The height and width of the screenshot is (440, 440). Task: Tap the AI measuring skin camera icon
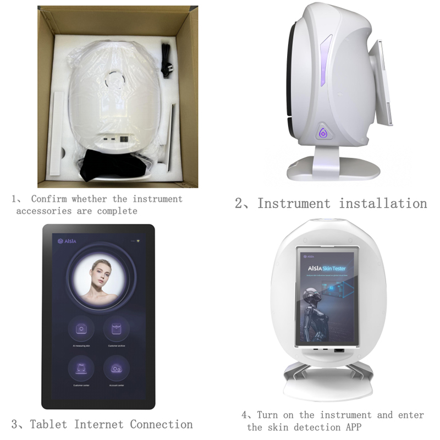coord(81,328)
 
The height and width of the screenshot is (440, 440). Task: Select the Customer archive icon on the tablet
coord(116,328)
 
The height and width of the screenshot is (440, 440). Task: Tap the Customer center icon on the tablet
coord(81,367)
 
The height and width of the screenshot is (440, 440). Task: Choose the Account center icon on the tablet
coord(116,367)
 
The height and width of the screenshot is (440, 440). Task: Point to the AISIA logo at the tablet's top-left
coord(65,241)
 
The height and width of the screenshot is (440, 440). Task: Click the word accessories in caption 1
coord(43,211)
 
